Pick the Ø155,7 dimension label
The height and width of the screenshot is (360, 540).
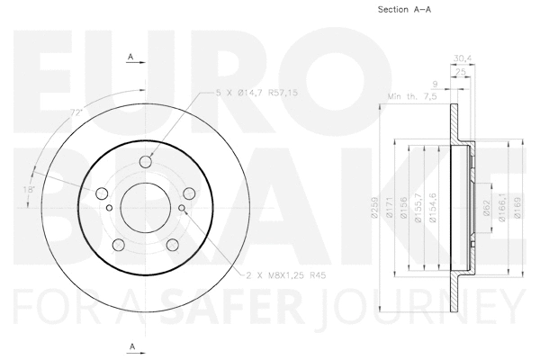pos(420,211)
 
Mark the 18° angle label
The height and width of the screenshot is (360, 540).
pos(30,190)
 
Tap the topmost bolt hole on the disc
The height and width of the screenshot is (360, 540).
pos(147,162)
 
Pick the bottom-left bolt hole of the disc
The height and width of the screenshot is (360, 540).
pos(118,246)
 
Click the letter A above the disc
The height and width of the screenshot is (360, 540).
pos(131,57)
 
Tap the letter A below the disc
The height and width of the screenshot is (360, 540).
pos(131,346)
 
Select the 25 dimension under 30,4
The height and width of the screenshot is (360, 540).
pos(462,72)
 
